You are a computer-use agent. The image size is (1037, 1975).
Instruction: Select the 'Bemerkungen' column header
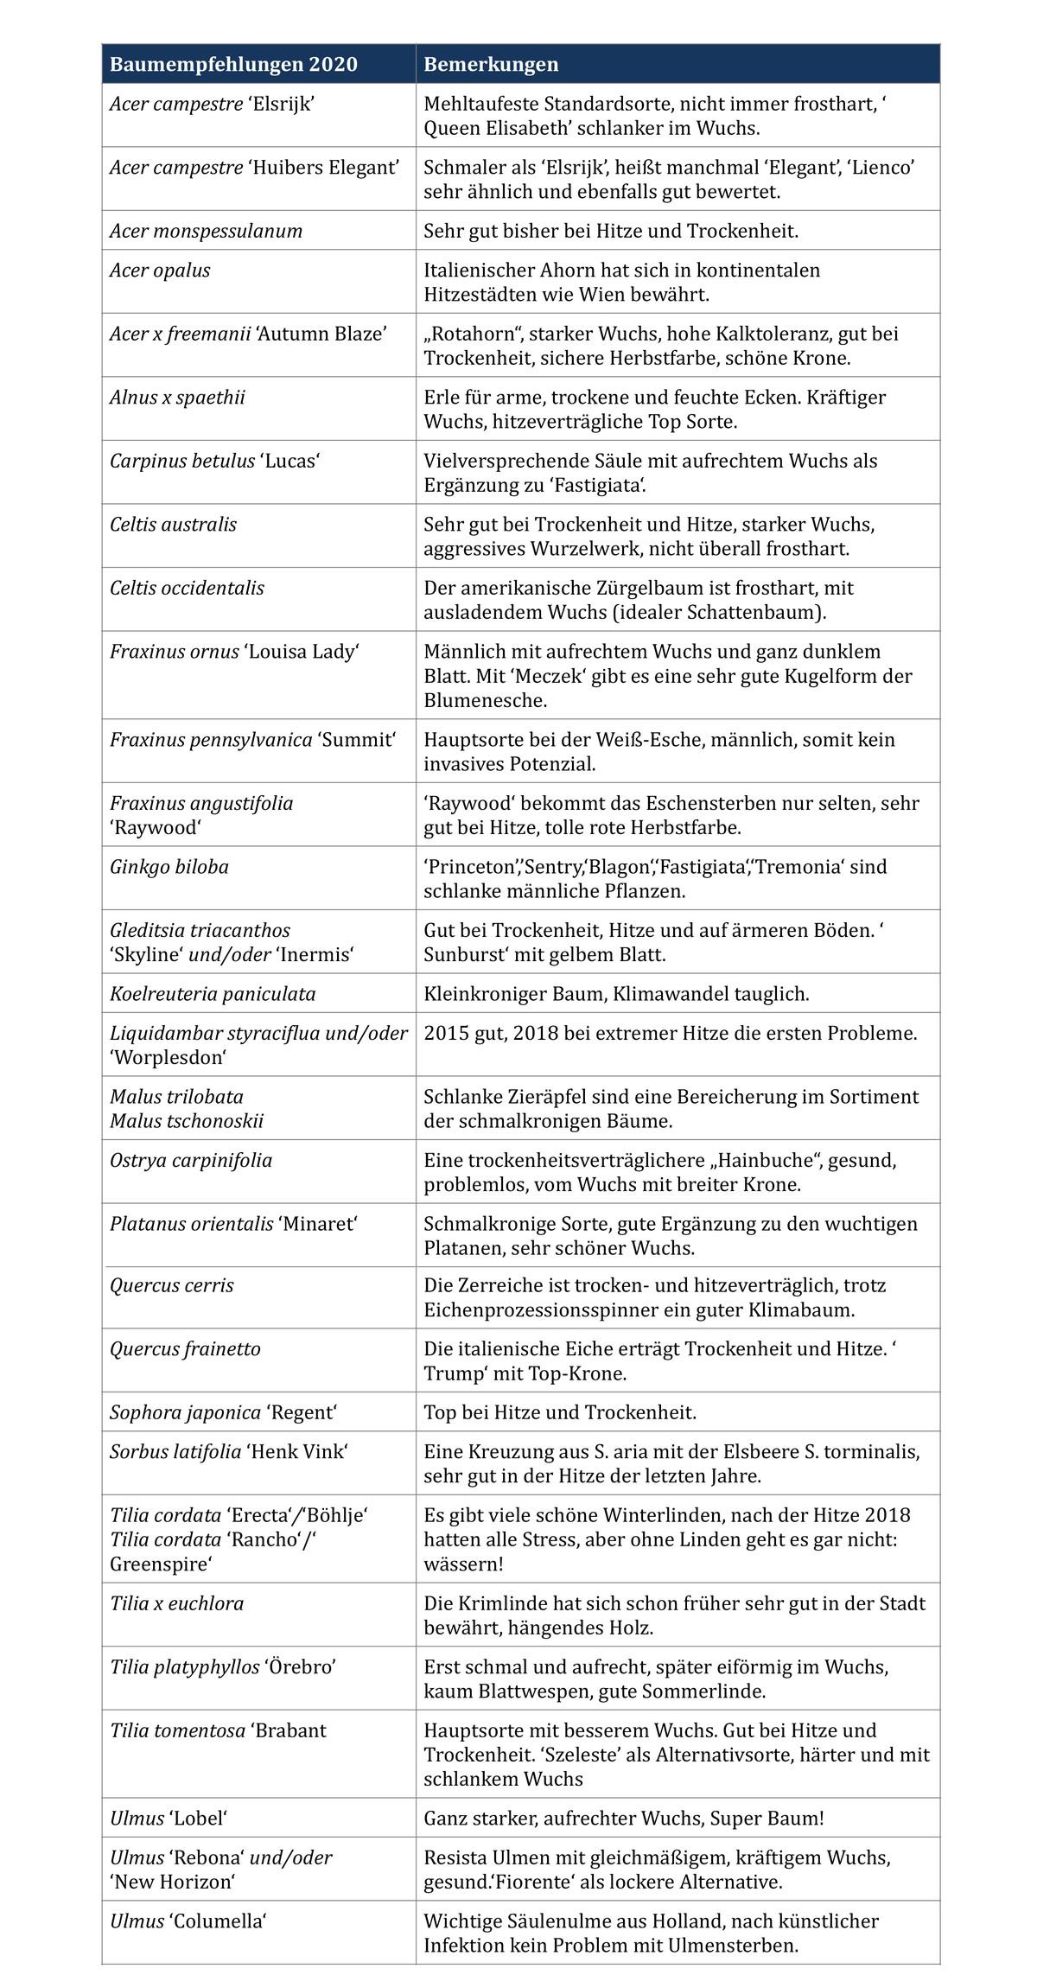click(491, 65)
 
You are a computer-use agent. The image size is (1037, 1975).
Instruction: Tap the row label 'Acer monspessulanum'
click(206, 231)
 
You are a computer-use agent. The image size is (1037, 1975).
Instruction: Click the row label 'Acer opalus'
click(160, 271)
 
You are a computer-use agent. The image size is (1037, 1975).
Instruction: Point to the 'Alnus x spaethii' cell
click(177, 398)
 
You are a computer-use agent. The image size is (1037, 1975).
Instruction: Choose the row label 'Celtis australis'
click(173, 525)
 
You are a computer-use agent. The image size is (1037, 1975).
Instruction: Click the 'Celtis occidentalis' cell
click(187, 588)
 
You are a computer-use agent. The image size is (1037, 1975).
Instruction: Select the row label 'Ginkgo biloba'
click(169, 867)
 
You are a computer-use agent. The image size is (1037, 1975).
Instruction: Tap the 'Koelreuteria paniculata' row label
click(213, 994)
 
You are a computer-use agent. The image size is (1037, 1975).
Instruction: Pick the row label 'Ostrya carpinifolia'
click(191, 1161)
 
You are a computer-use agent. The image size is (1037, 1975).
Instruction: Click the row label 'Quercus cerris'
click(171, 1285)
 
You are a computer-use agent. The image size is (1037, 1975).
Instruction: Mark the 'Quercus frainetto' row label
click(185, 1349)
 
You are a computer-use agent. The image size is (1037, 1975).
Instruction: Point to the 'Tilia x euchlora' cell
click(177, 1603)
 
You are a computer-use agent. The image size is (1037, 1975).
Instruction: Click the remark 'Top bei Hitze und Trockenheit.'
click(560, 1413)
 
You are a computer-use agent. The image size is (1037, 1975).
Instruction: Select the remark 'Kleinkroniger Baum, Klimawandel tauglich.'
click(616, 994)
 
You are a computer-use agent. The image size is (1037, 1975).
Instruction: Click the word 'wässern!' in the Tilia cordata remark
click(463, 1564)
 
